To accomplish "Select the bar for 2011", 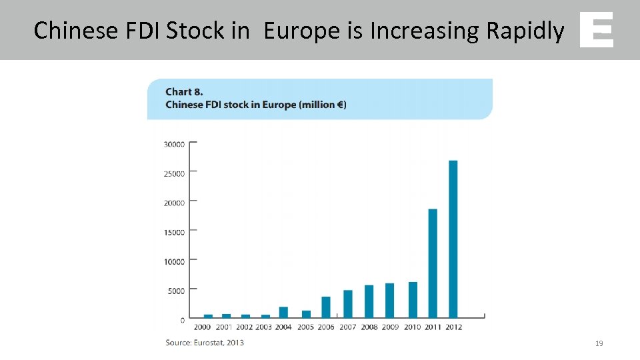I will point(433,263).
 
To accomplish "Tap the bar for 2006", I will point(326,307).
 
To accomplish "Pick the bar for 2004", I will point(283,312).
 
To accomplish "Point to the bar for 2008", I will point(369,301).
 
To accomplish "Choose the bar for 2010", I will point(413,299).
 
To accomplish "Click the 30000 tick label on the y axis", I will point(174,143).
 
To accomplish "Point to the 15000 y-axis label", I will point(174,232).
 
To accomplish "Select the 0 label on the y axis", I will point(183,320).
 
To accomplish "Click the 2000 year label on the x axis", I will point(203,327).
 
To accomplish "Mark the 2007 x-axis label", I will point(347,327).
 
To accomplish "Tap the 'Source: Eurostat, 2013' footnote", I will point(205,343).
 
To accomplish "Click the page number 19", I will point(599,343).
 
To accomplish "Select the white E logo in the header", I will point(596,30).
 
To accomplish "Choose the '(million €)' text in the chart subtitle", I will point(323,105).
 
